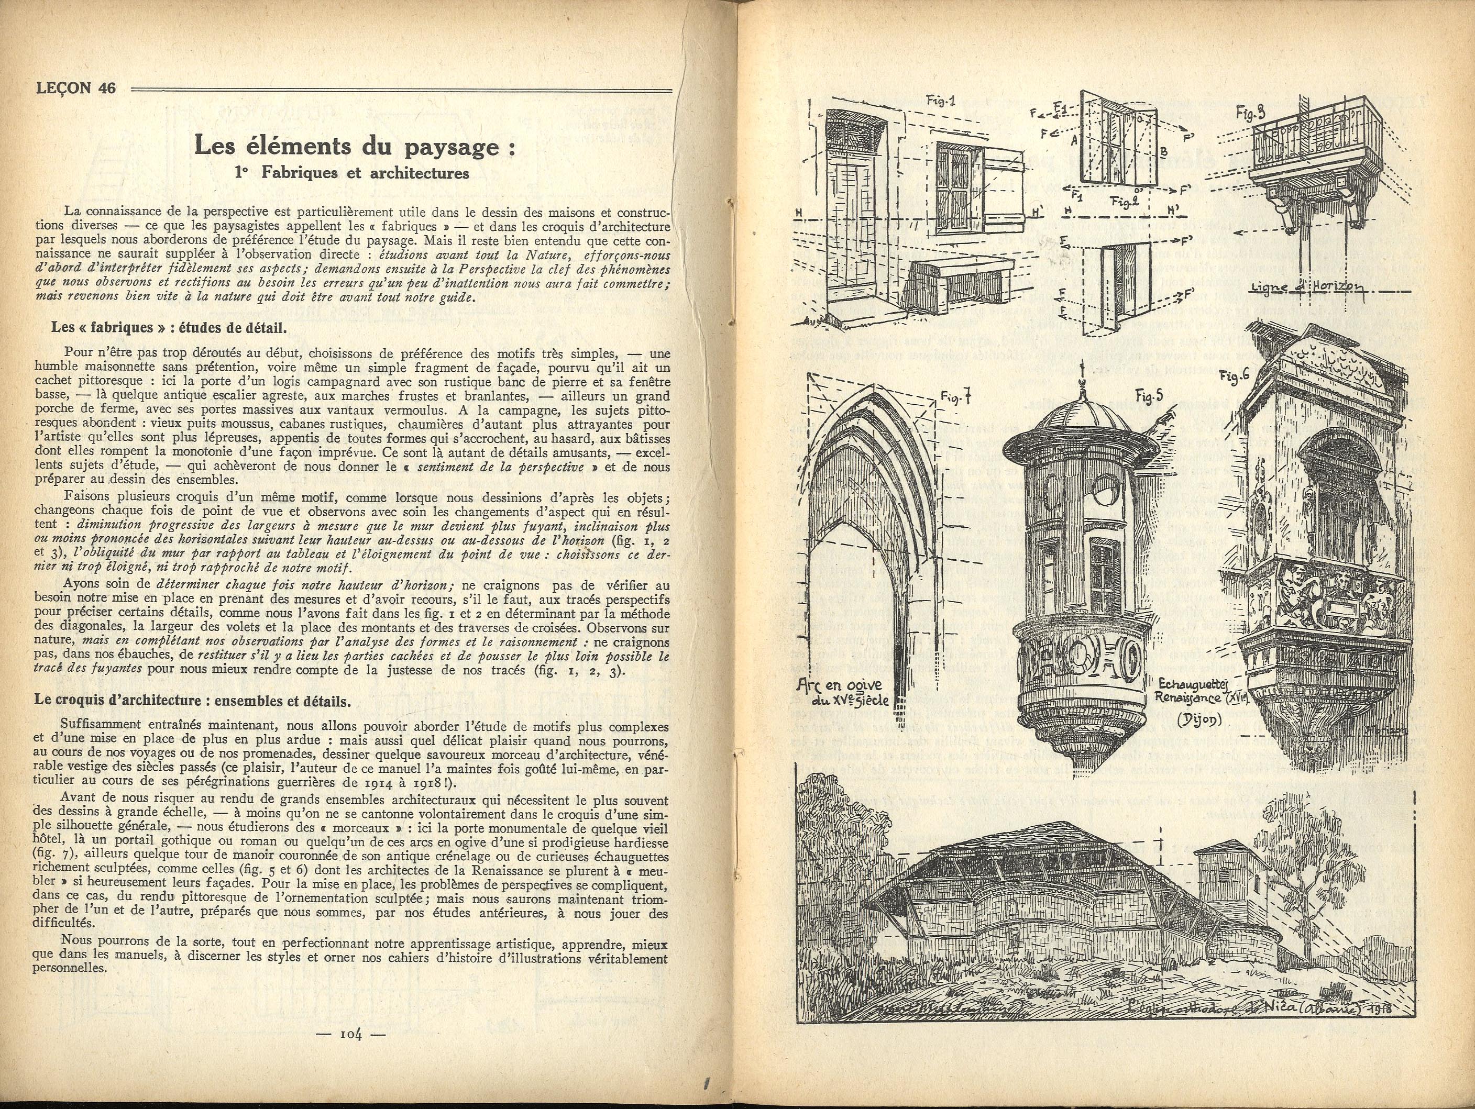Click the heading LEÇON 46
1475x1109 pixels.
75,88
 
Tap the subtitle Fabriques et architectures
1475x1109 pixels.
352,173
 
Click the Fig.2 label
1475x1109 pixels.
1124,201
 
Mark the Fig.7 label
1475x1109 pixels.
955,398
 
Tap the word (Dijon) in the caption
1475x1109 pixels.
1198,721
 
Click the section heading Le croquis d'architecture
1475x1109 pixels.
193,701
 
